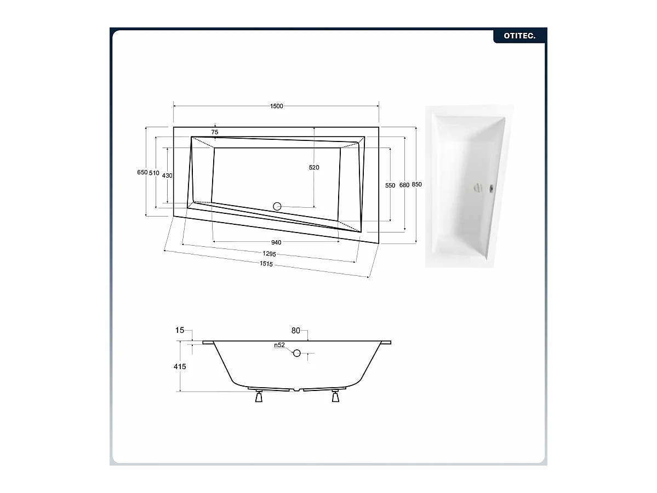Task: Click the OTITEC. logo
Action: coord(519,36)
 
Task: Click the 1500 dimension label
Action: coord(277,106)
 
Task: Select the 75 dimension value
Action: coord(215,132)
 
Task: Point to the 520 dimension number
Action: coord(314,168)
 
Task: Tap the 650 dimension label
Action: coord(142,172)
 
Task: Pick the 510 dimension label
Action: coord(154,173)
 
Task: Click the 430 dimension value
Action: coord(167,175)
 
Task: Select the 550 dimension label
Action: coord(390,185)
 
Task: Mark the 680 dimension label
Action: coord(404,185)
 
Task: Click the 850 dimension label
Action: coord(417,185)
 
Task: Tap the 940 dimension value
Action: coord(276,242)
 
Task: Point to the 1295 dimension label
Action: coord(268,254)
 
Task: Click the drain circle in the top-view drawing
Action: coord(277,206)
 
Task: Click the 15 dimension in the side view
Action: coord(179,330)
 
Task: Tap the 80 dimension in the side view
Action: coord(296,330)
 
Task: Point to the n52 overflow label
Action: coord(279,345)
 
